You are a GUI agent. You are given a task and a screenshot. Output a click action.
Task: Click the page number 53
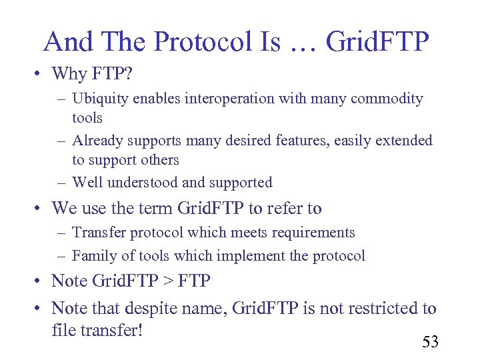point(430,343)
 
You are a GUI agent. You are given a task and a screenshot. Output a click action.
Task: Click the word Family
point(93,255)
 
